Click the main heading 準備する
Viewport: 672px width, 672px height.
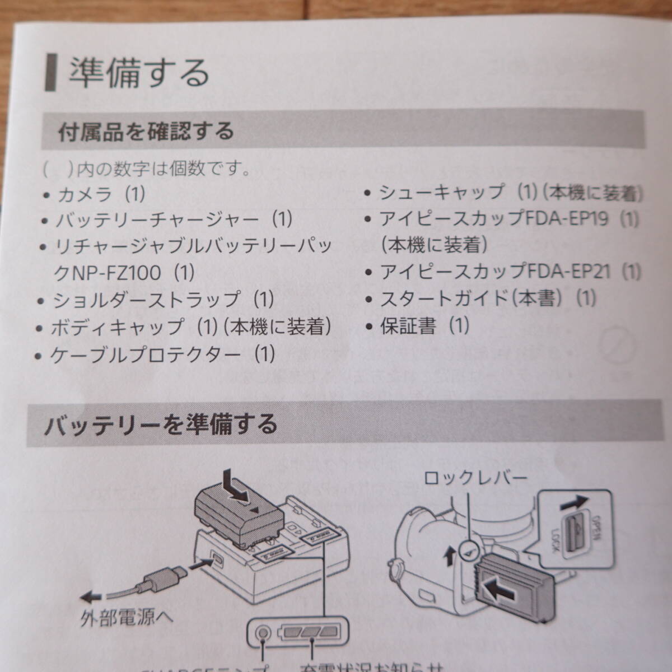pos(138,73)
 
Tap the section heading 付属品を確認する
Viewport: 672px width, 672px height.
pos(146,132)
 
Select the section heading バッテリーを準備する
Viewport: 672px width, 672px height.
pos(161,424)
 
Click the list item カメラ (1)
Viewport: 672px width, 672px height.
pos(101,194)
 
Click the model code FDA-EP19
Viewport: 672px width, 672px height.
pos(567,219)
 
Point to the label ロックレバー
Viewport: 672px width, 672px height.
pos(475,478)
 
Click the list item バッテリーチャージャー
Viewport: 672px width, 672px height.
pos(174,219)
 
